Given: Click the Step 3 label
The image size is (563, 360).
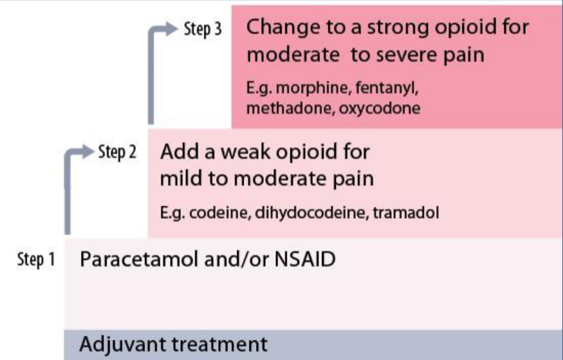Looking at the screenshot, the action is [203, 29].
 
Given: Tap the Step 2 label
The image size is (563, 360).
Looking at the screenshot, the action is [118, 152].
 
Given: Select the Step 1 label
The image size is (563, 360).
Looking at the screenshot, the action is [37, 259].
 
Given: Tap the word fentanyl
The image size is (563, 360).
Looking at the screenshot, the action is [387, 88].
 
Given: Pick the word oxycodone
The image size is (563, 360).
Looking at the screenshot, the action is [379, 108].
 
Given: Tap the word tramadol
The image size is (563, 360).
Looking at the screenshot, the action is [406, 213].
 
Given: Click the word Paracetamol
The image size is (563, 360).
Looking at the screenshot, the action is [139, 259].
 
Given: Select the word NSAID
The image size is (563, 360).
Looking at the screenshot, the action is [305, 259].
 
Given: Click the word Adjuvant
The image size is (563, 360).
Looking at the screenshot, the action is [124, 344].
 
